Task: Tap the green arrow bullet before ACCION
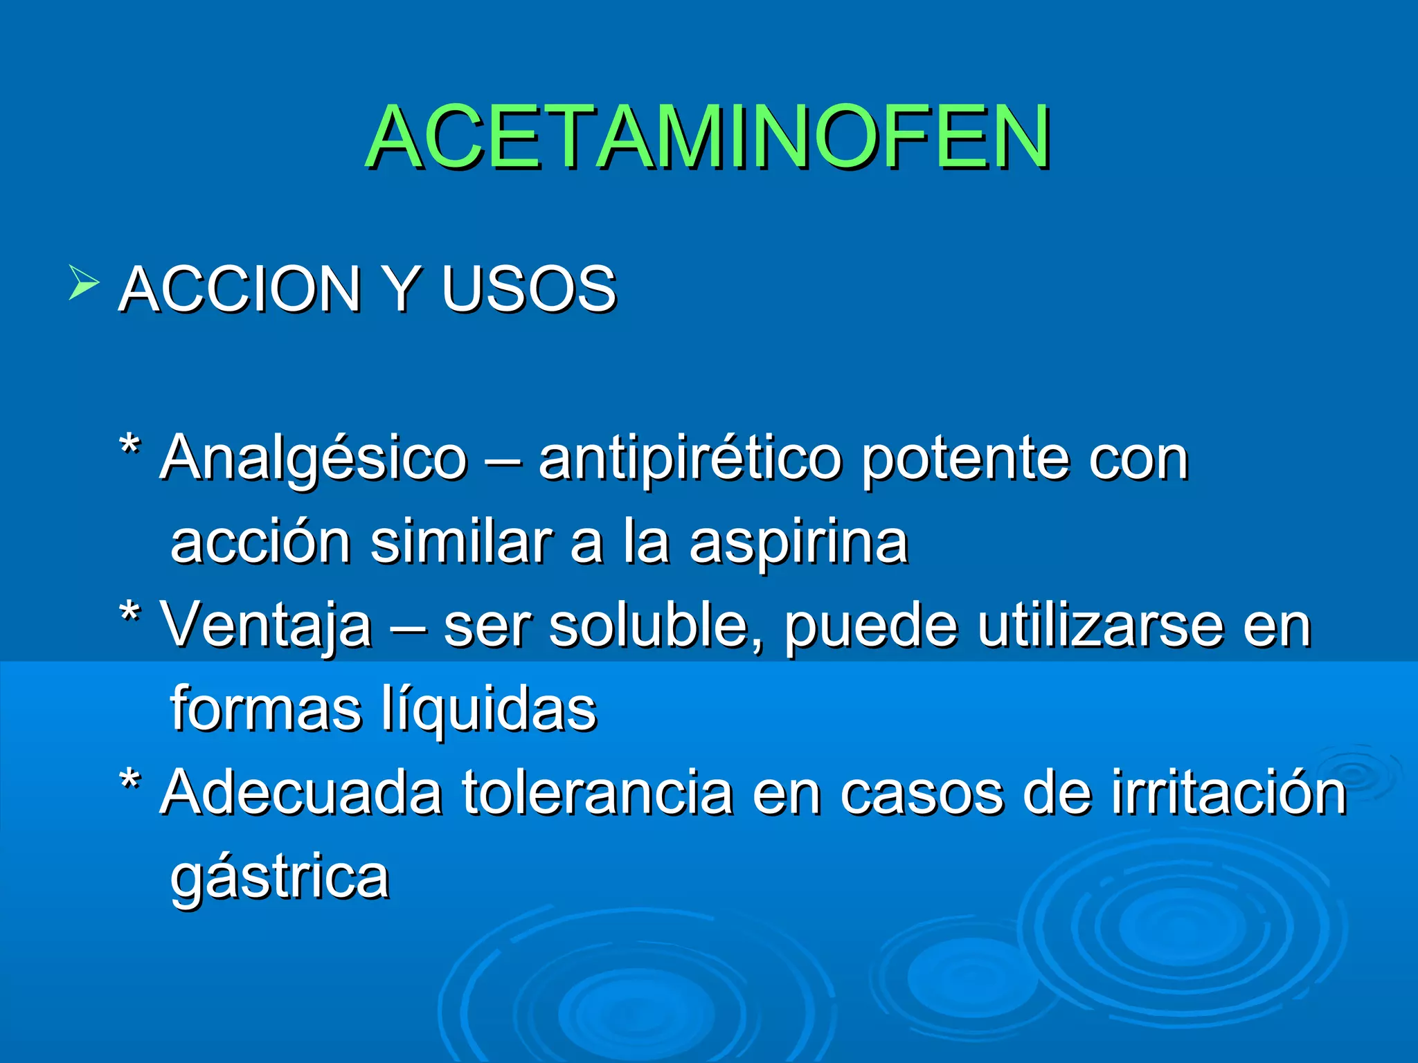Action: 84,283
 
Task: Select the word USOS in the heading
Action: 528,289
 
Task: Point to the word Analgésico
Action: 314,460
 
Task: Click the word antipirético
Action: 690,460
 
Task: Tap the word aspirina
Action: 798,543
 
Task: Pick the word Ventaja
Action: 266,626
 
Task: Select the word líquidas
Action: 489,709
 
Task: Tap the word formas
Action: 266,709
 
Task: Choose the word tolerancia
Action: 598,793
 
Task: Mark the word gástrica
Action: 280,878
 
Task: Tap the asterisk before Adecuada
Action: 129,781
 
